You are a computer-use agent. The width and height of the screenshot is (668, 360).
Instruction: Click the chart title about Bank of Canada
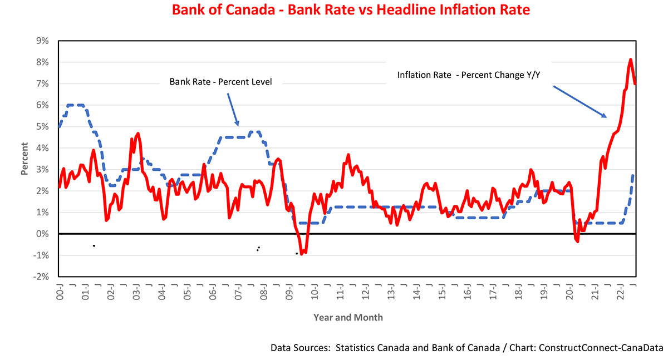click(x=351, y=11)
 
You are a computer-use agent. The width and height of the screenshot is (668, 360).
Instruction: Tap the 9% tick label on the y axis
click(x=42, y=41)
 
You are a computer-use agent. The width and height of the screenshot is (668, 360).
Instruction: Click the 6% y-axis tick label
click(x=42, y=105)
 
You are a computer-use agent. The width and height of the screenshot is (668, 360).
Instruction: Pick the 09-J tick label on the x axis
click(x=289, y=291)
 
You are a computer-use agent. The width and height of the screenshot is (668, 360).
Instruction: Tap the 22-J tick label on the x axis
click(x=620, y=291)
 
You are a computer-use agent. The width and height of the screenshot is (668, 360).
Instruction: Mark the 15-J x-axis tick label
click(x=441, y=291)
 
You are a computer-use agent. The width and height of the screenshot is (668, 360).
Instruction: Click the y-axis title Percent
click(x=24, y=159)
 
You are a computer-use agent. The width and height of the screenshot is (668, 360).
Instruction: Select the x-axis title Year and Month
click(x=348, y=318)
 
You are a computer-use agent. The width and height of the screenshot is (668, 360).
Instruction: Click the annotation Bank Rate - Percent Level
click(x=220, y=82)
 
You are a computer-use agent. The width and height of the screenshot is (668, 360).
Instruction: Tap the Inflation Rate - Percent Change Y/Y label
click(x=469, y=75)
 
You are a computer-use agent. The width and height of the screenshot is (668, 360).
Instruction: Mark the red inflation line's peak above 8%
click(x=630, y=60)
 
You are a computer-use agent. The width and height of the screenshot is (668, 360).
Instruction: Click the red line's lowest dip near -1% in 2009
click(x=302, y=254)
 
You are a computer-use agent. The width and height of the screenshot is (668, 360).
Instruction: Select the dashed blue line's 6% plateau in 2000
click(x=76, y=105)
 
